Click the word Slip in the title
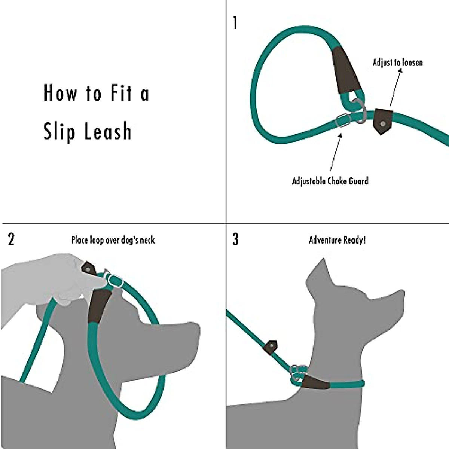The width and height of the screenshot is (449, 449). pos(59,132)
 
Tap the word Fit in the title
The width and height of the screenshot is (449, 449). pos(121,93)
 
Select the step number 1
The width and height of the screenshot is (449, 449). pos(235,23)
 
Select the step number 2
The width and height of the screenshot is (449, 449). pos(11,239)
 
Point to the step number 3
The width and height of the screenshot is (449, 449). pos(235,239)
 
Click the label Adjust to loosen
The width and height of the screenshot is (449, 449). pos(397,62)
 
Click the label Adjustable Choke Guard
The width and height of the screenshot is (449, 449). pos(330,181)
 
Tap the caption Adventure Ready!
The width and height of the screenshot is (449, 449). pos(337,240)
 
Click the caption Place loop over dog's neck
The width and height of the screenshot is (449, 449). pos(113,240)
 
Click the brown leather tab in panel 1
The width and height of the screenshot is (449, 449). pos(382,120)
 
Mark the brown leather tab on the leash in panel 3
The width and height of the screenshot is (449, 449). pos(270,347)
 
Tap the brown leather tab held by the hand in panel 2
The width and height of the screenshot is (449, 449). pos(89,268)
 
